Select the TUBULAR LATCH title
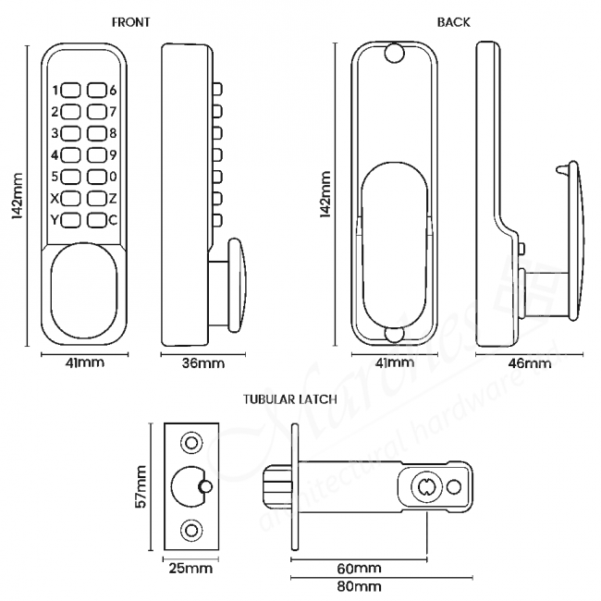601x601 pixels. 288,399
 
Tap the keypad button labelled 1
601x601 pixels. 72,91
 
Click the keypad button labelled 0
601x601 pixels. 96,176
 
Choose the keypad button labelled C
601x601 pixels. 96,219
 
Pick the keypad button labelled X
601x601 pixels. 72,198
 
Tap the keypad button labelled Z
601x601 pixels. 96,198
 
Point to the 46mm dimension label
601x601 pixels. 531,363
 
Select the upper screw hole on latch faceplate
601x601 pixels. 191,444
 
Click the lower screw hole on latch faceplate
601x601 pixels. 191,530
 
